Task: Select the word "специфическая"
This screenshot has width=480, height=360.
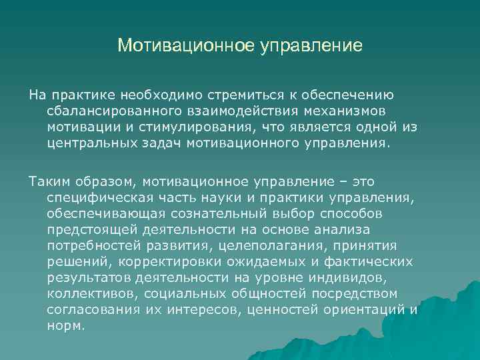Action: (x=98, y=197)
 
